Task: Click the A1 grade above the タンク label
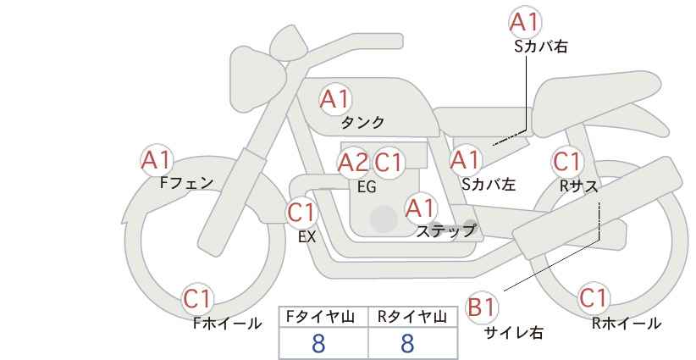tap(335, 99)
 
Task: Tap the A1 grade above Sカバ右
tap(526, 22)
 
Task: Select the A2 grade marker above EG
tap(353, 163)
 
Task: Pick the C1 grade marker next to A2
tap(388, 163)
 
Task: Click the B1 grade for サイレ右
tap(481, 307)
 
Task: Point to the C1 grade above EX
tap(301, 213)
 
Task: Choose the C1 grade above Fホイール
tap(197, 299)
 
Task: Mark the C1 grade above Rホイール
tap(593, 297)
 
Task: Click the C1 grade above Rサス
tap(567, 162)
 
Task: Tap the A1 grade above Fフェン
tap(157, 160)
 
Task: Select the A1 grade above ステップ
tap(421, 208)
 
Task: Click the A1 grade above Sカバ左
tap(465, 160)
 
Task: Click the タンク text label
tap(362, 123)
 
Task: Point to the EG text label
tap(367, 187)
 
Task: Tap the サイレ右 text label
tap(514, 333)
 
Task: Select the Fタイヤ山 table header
tap(320, 317)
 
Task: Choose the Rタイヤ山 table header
tap(412, 317)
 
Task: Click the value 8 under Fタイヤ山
tap(318, 344)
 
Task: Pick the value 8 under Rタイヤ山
tap(407, 344)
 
